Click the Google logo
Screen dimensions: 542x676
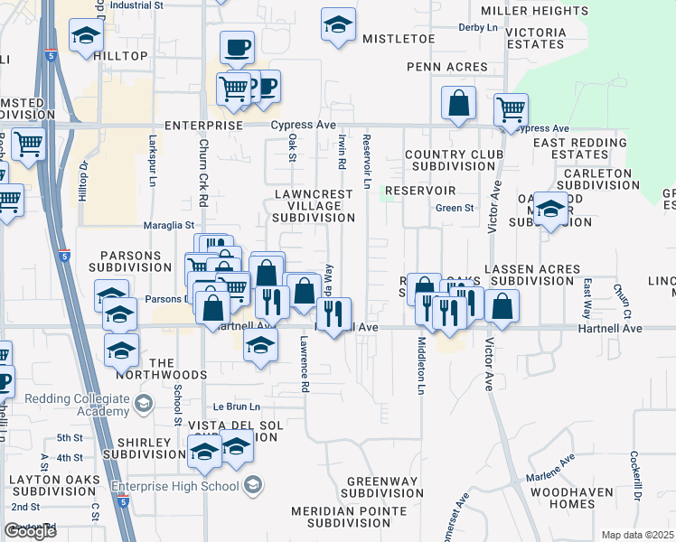30,531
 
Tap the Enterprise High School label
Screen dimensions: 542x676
175,486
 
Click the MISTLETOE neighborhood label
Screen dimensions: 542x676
399,40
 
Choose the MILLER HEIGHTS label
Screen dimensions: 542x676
534,11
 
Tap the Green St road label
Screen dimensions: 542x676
455,209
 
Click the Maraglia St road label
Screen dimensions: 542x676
169,225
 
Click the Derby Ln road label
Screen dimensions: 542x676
478,28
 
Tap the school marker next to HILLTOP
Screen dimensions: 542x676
86,36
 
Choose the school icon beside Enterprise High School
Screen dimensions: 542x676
254,486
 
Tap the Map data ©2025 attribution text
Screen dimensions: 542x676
637,535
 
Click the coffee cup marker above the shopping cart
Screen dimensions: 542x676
237,47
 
